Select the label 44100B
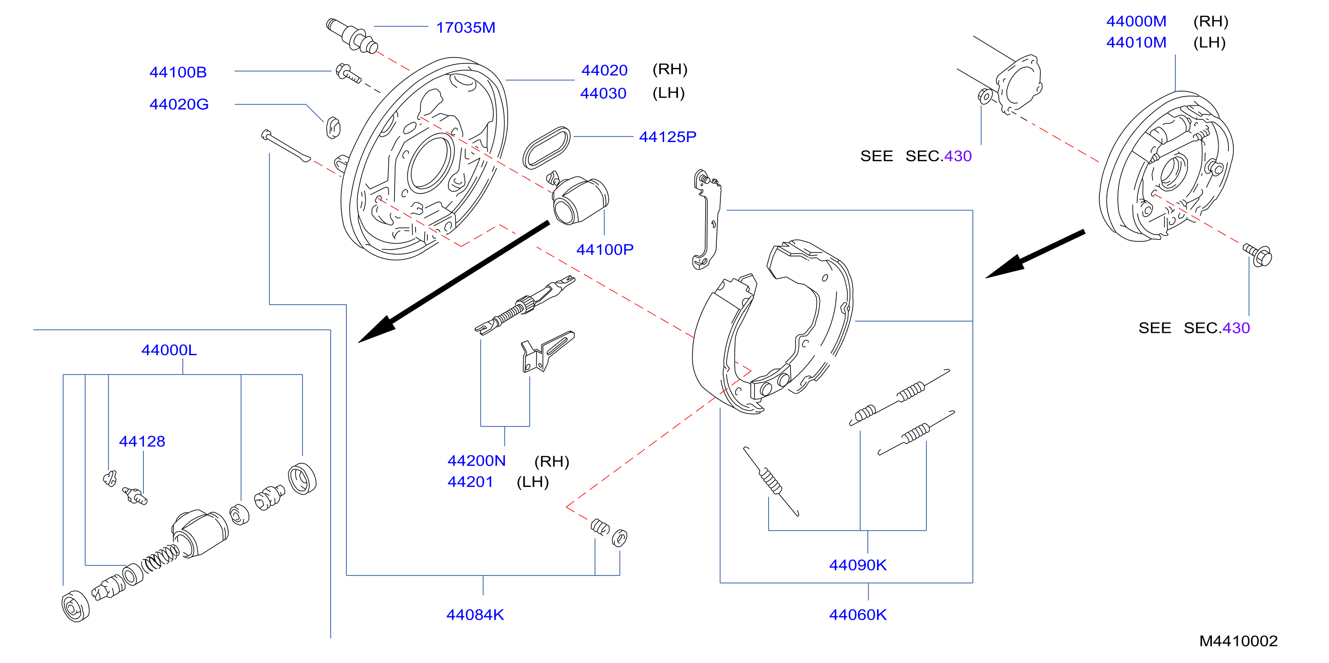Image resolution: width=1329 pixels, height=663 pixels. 178,72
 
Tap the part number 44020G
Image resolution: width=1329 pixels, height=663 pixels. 179,104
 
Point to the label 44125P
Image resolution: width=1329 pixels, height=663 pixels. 668,137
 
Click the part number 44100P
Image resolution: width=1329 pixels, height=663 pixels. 605,250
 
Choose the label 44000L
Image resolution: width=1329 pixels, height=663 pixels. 169,350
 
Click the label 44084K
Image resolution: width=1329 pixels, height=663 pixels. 475,615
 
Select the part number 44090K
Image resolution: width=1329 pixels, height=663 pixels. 858,566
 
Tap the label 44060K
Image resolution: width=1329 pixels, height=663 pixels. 858,615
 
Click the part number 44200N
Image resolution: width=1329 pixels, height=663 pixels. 477,461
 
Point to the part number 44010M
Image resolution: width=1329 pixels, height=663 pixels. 1136,42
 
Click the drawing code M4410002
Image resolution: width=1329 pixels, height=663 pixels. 1238,641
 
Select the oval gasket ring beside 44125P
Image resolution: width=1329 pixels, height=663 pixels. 547,148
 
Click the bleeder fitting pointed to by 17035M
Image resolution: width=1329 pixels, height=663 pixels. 352,36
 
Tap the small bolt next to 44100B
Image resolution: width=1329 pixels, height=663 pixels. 348,73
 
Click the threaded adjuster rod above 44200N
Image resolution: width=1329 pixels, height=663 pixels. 525,305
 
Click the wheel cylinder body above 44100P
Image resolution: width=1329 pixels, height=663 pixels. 580,201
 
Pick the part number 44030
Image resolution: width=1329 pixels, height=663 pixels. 603,93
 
